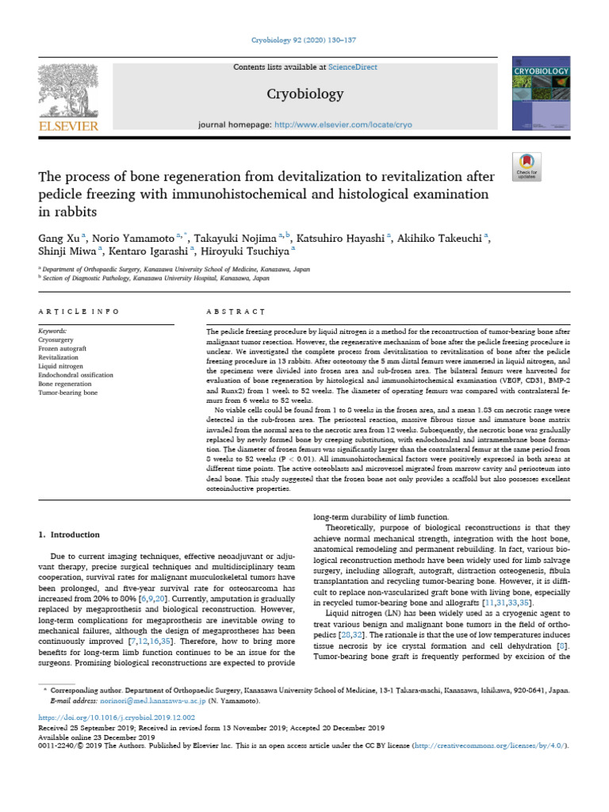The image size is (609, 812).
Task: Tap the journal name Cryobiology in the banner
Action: [x=304, y=94]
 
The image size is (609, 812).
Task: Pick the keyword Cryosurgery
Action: [x=56, y=339]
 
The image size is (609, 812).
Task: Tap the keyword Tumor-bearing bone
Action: [x=68, y=393]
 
